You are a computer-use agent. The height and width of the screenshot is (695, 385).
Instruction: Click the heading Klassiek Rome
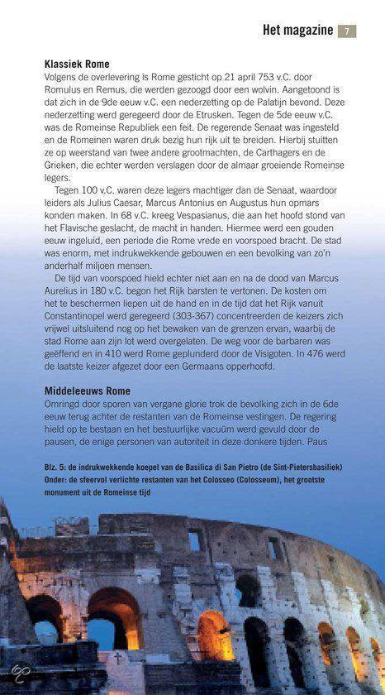coord(77,64)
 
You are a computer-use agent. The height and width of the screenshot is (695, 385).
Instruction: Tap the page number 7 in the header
coord(347,31)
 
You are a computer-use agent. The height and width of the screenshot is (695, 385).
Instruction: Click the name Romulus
coord(66,88)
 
